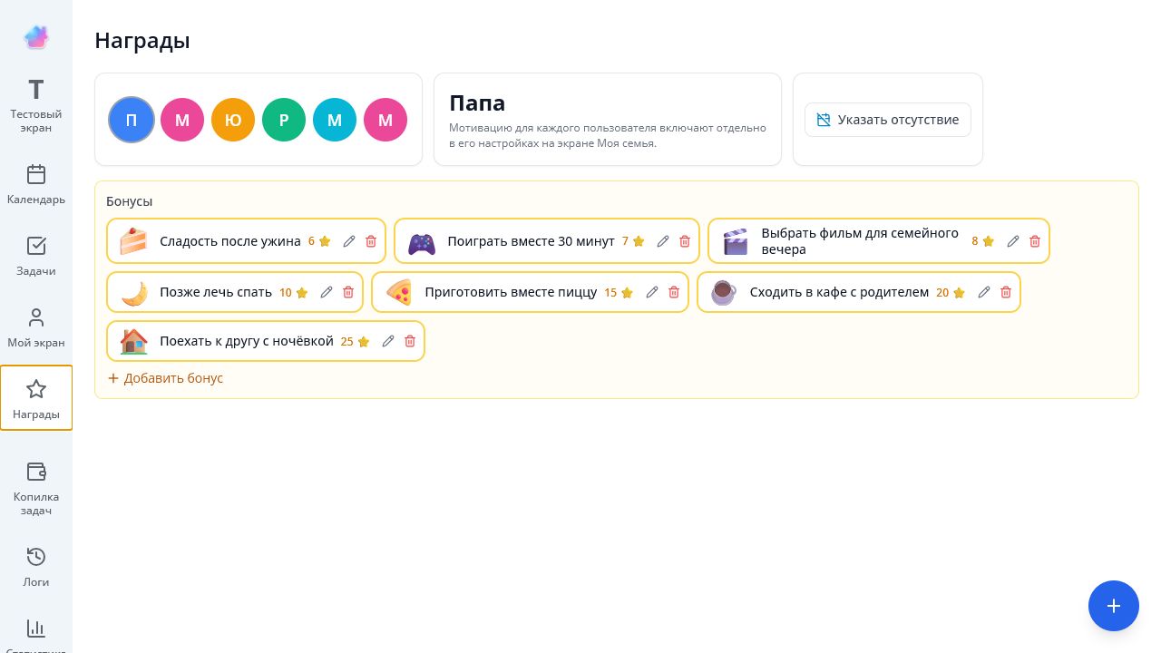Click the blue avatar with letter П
click(x=132, y=120)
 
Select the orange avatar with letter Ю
click(x=233, y=120)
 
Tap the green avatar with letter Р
click(x=284, y=120)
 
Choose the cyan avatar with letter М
click(x=335, y=120)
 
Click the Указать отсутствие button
click(x=887, y=120)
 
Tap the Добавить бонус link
click(x=165, y=378)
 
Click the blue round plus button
click(x=1113, y=606)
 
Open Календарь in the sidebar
click(x=35, y=184)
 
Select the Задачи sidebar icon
click(x=35, y=246)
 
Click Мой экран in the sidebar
click(x=35, y=327)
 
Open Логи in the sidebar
click(x=35, y=567)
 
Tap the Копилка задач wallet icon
click(x=35, y=473)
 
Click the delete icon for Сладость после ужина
click(x=371, y=241)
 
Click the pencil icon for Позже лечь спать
click(x=326, y=292)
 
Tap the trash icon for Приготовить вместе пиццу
click(x=674, y=292)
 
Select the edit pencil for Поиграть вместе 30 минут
click(x=662, y=241)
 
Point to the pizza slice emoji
click(x=399, y=292)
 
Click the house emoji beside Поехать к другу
click(x=133, y=342)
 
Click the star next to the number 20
click(x=959, y=293)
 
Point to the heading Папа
click(x=477, y=102)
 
